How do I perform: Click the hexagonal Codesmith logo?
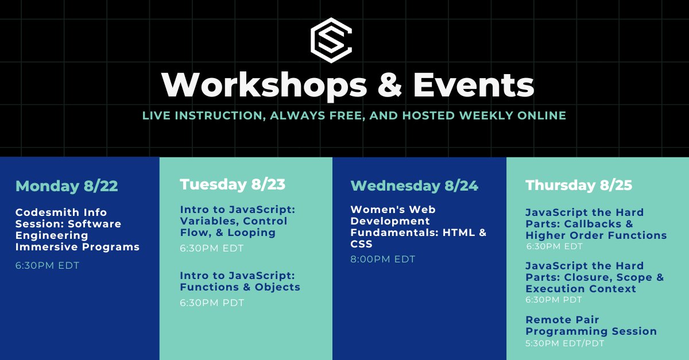tap(331, 40)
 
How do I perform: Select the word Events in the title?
tap(473, 85)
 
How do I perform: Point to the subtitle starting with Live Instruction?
tap(354, 115)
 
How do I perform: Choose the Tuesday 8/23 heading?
tap(233, 184)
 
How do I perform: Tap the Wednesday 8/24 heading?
tap(414, 186)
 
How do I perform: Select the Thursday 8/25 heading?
tap(578, 185)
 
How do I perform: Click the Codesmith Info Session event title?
tap(78, 230)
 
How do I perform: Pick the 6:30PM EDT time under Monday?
tap(47, 265)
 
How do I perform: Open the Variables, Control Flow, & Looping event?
tap(237, 221)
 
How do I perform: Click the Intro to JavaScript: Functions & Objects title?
tap(240, 281)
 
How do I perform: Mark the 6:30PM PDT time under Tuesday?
tap(212, 303)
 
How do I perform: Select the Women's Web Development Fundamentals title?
tap(419, 227)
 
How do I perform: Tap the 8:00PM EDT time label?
tap(383, 259)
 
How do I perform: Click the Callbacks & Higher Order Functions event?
tap(596, 224)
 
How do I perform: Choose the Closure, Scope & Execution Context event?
tap(594, 277)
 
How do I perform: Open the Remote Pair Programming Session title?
tap(591, 326)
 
